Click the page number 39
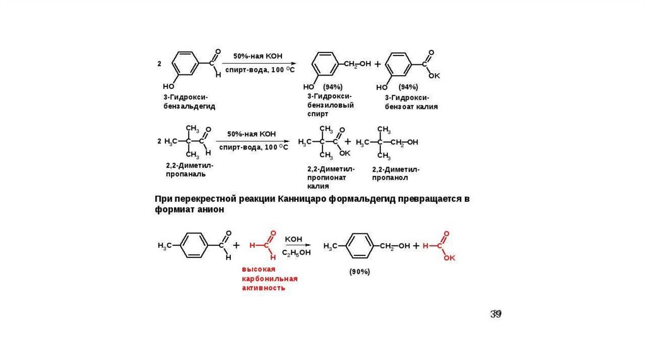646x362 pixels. coord(497,314)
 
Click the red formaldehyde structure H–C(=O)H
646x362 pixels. coord(264,245)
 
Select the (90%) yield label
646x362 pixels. coord(360,272)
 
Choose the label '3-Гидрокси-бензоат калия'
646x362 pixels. coord(411,103)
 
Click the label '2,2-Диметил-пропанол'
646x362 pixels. coord(396,173)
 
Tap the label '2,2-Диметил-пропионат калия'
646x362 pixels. coord(331,178)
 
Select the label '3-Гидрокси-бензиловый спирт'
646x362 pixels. coord(330,105)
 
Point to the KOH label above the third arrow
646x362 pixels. coord(294,239)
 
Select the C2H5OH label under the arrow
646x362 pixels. coord(295,253)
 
